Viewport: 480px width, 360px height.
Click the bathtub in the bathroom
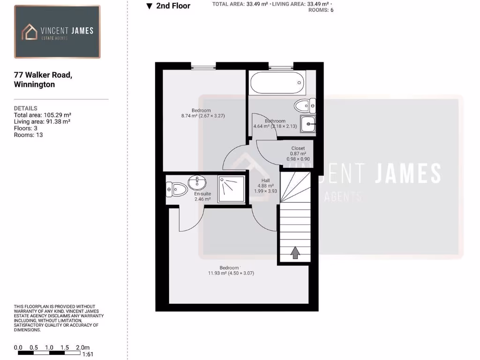pos(277,83)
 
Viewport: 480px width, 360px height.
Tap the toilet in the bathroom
pos(304,105)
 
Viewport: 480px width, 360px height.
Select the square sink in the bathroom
pos(308,125)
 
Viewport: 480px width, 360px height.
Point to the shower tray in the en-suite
pos(232,189)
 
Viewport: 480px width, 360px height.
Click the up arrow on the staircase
pos(295,253)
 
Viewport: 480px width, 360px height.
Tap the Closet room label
pos(298,148)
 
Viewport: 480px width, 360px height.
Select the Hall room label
pos(266,180)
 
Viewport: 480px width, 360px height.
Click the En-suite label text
pos(202,194)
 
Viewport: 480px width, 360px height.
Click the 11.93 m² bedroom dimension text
pos(231,273)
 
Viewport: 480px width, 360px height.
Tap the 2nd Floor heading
pos(173,6)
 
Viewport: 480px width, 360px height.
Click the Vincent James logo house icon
pos(30,32)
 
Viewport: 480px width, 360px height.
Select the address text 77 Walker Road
pos(43,75)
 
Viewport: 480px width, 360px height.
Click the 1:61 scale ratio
pos(88,354)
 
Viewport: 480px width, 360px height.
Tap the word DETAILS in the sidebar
pos(26,108)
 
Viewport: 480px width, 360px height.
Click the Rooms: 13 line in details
pos(29,135)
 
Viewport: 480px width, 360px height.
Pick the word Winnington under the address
pos(35,85)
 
